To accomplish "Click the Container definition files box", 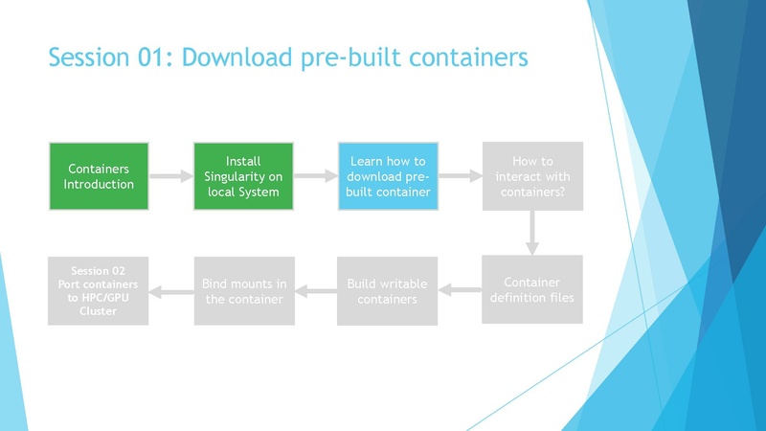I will (x=532, y=290).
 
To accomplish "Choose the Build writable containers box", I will (x=388, y=290).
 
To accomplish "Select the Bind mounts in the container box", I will (x=243, y=290).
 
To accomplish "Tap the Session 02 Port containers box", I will (x=99, y=290).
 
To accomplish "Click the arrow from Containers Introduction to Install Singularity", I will (x=171, y=176).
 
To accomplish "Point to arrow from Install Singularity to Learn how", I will (x=316, y=176).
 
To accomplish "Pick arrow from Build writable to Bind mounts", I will (x=316, y=290).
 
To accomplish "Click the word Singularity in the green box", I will (x=243, y=176).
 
